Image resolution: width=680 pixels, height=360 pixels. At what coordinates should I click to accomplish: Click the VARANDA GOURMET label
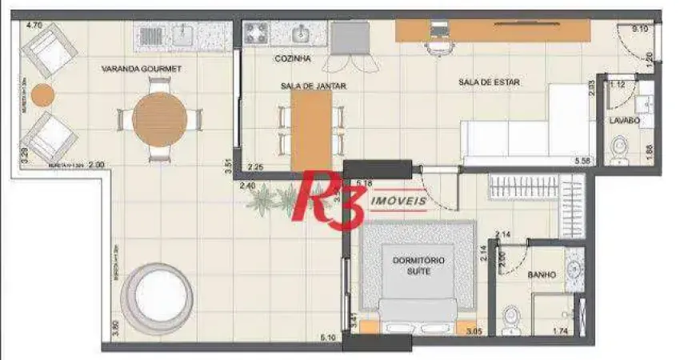click(x=142, y=70)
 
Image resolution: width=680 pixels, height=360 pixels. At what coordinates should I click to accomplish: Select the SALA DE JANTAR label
click(x=313, y=86)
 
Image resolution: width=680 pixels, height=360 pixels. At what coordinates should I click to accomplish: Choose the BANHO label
click(x=542, y=275)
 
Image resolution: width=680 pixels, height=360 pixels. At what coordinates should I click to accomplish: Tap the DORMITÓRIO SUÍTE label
click(x=418, y=266)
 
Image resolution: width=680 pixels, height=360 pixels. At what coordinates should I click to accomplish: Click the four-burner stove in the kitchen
click(x=258, y=32)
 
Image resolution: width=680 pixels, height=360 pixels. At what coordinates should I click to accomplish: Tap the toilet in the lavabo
click(x=619, y=149)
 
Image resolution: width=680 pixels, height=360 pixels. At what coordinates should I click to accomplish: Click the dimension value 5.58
click(x=582, y=162)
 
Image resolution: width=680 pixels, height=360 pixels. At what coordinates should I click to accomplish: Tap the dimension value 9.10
click(x=639, y=30)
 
